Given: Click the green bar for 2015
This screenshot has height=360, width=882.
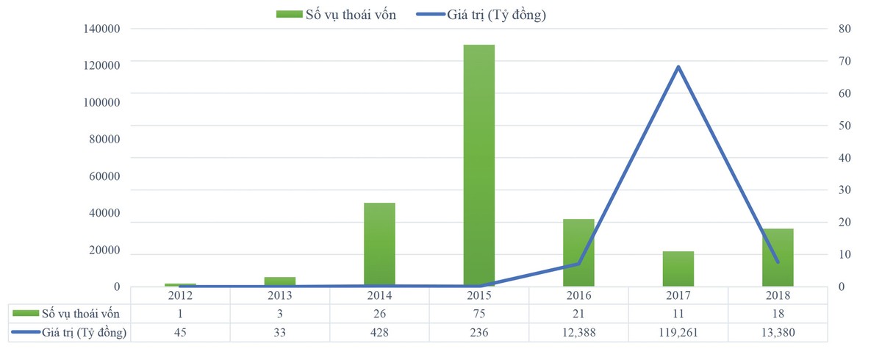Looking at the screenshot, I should (x=479, y=165).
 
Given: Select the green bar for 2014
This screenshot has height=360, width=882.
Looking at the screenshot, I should (x=379, y=244).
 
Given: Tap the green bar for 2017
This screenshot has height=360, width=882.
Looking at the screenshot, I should (x=678, y=268).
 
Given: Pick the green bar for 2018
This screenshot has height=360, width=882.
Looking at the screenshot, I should (x=778, y=257).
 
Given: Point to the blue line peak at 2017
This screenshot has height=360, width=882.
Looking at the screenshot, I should (x=678, y=67).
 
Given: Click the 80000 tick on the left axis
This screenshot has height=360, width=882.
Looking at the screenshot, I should (x=102, y=140).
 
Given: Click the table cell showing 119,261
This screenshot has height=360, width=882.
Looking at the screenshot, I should (x=678, y=333).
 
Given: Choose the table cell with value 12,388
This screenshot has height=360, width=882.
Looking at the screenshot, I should (x=578, y=333).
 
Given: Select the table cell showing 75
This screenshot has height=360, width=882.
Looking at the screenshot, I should (x=479, y=314).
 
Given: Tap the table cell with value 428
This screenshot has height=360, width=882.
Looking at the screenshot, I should (x=379, y=333).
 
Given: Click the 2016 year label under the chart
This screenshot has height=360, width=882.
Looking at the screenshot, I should (x=578, y=295).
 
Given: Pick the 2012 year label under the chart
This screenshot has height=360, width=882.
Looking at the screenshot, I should (x=180, y=295).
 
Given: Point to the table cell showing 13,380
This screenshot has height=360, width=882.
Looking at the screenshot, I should (x=778, y=333).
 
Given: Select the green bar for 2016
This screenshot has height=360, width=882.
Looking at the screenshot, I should (x=578, y=252).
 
